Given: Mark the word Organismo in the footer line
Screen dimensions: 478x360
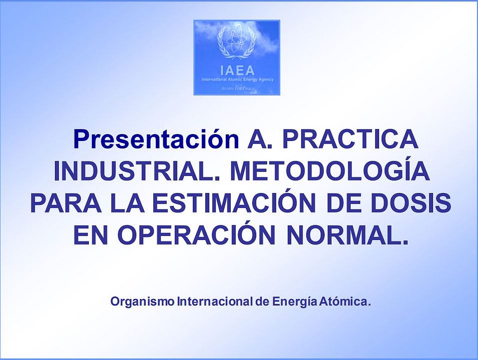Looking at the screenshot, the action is tap(142, 302).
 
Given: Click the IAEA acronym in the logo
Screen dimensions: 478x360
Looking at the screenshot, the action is tap(237, 71).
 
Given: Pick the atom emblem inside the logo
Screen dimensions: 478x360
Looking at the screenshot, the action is tap(237, 42).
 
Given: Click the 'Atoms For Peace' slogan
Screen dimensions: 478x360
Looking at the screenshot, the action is tap(237, 89).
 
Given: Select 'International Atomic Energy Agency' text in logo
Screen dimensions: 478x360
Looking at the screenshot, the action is tap(237, 80).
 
